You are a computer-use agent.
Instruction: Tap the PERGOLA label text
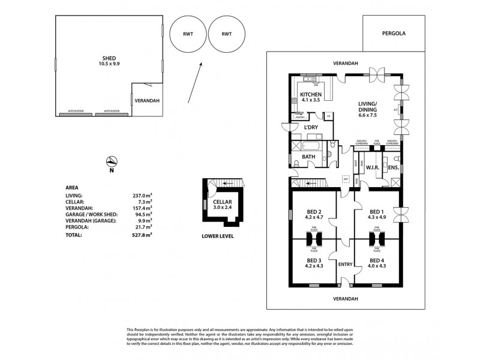[x=394, y=34]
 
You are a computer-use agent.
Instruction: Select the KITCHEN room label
[x=311, y=98]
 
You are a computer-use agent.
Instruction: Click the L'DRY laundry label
[x=311, y=128]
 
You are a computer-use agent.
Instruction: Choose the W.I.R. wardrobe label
[x=367, y=167]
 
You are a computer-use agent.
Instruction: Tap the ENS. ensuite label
[x=394, y=167]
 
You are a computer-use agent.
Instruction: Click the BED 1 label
[x=376, y=215]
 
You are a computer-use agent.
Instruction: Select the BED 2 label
[x=314, y=215]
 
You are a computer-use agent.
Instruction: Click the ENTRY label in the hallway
[x=345, y=265]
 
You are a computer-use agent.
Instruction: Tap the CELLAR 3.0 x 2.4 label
[x=226, y=205]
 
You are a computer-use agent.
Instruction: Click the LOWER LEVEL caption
[x=217, y=236]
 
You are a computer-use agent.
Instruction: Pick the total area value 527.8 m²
[x=142, y=235]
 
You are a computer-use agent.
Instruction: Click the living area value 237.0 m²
[x=142, y=195]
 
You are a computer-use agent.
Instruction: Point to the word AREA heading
[x=73, y=187]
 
